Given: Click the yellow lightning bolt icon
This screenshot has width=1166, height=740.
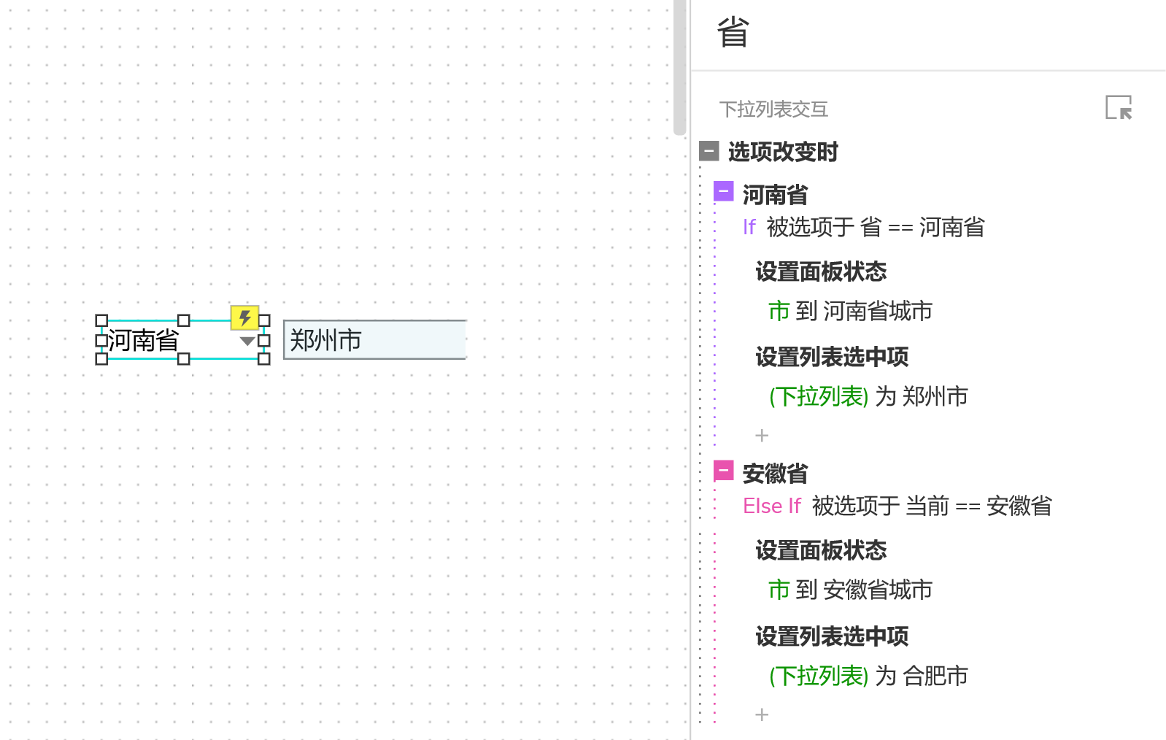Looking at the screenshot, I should (x=244, y=318).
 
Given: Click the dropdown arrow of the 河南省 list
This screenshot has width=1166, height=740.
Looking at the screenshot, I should (x=247, y=341).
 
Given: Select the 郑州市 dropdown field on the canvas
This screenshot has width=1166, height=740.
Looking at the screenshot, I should (x=374, y=340).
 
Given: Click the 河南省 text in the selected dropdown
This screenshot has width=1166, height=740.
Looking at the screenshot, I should (x=144, y=340).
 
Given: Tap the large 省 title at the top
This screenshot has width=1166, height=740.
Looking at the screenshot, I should (x=733, y=34).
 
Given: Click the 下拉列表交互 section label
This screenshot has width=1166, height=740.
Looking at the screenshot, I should (x=773, y=109).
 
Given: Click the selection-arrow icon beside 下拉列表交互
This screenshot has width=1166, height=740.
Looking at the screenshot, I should (x=1118, y=108).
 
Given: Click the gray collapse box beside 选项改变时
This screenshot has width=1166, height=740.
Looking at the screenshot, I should (x=709, y=151).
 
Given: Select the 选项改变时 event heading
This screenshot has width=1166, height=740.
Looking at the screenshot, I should (x=783, y=152).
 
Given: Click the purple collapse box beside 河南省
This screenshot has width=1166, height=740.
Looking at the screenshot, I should (x=723, y=191).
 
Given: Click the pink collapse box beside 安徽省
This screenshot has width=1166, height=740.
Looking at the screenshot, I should (x=723, y=471).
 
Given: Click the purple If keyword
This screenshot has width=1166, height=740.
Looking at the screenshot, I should (x=749, y=228).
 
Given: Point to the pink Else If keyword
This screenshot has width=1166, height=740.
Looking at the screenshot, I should (x=771, y=506).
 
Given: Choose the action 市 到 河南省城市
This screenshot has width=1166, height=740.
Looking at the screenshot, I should (x=850, y=312).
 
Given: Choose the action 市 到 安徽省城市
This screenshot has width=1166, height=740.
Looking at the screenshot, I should (x=850, y=590).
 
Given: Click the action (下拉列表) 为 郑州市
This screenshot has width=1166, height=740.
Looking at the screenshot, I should (x=868, y=397).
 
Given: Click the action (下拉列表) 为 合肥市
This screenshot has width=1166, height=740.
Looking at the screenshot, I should (x=868, y=677).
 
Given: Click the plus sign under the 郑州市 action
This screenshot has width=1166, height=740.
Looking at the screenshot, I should (x=762, y=436).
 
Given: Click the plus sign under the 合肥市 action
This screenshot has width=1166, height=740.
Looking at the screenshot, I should (x=762, y=714).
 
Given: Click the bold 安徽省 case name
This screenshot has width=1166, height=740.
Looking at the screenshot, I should (x=775, y=474).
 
